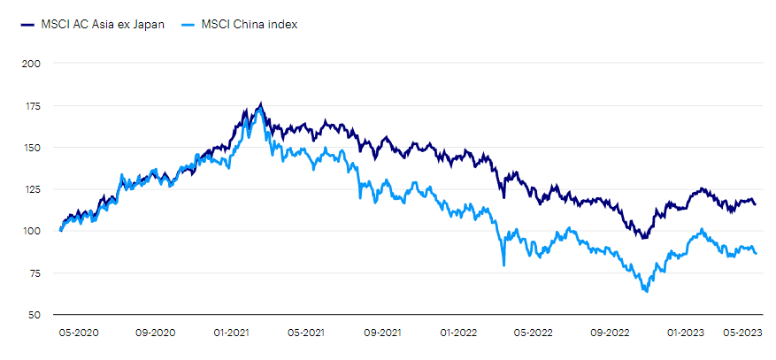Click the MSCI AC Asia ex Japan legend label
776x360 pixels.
(x=102, y=25)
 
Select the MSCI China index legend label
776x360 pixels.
(x=250, y=25)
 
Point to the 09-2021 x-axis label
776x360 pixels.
(x=383, y=333)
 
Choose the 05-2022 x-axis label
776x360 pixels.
(x=534, y=333)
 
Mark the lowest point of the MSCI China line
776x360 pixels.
(x=646, y=291)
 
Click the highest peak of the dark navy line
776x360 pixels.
(x=260, y=103)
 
